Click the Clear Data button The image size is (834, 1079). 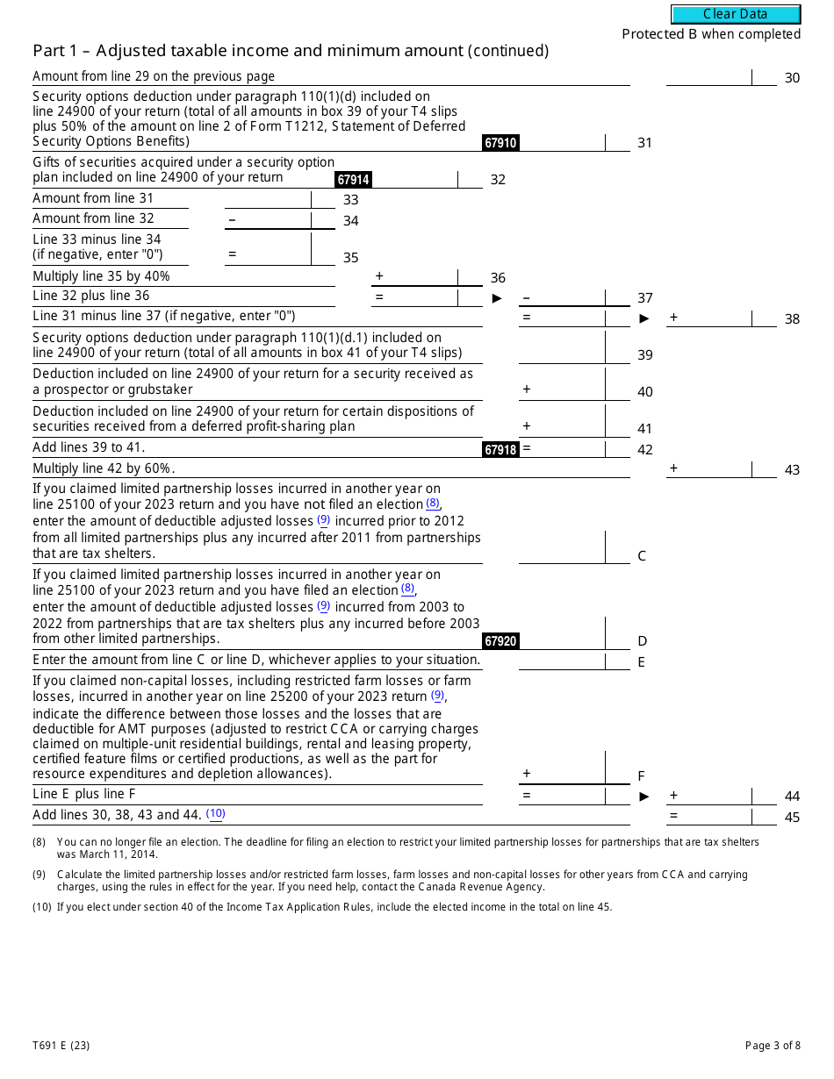pyautogui.click(x=736, y=14)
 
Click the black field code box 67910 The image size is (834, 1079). pyautogui.click(x=500, y=143)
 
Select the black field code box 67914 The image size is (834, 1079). pyautogui.click(x=353, y=180)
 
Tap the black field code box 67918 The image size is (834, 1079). pyautogui.click(x=500, y=450)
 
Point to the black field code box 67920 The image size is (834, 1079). pyautogui.click(x=500, y=641)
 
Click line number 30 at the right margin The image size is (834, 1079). pyautogui.click(x=792, y=78)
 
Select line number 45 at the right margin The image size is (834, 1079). pyautogui.click(x=792, y=818)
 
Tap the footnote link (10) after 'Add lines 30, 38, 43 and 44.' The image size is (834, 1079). pyautogui.click(x=216, y=814)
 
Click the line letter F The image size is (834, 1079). pyautogui.click(x=641, y=776)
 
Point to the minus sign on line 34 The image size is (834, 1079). pyautogui.click(x=232, y=219)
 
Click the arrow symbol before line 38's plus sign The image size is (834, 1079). pyautogui.click(x=644, y=318)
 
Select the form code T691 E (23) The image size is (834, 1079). pyautogui.click(x=61, y=1045)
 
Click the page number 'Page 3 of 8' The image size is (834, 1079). pyautogui.click(x=773, y=1045)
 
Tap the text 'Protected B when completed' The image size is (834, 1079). pyautogui.click(x=711, y=34)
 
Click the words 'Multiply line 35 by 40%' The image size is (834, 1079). pyautogui.click(x=102, y=276)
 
